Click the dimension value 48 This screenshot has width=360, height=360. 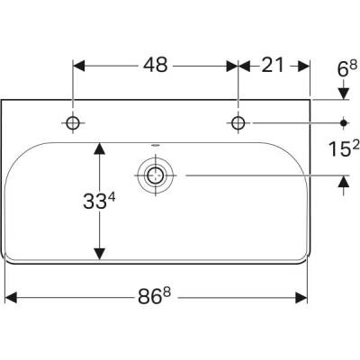click(155, 65)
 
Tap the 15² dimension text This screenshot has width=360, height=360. click(342, 148)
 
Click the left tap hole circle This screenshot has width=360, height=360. click(72, 122)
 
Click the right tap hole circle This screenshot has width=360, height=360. click(238, 122)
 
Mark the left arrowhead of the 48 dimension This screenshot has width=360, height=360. click(79, 65)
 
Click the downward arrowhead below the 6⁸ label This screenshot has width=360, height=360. click(343, 94)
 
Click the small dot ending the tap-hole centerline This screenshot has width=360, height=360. click(343, 122)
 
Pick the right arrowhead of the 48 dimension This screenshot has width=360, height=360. click(231, 65)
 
